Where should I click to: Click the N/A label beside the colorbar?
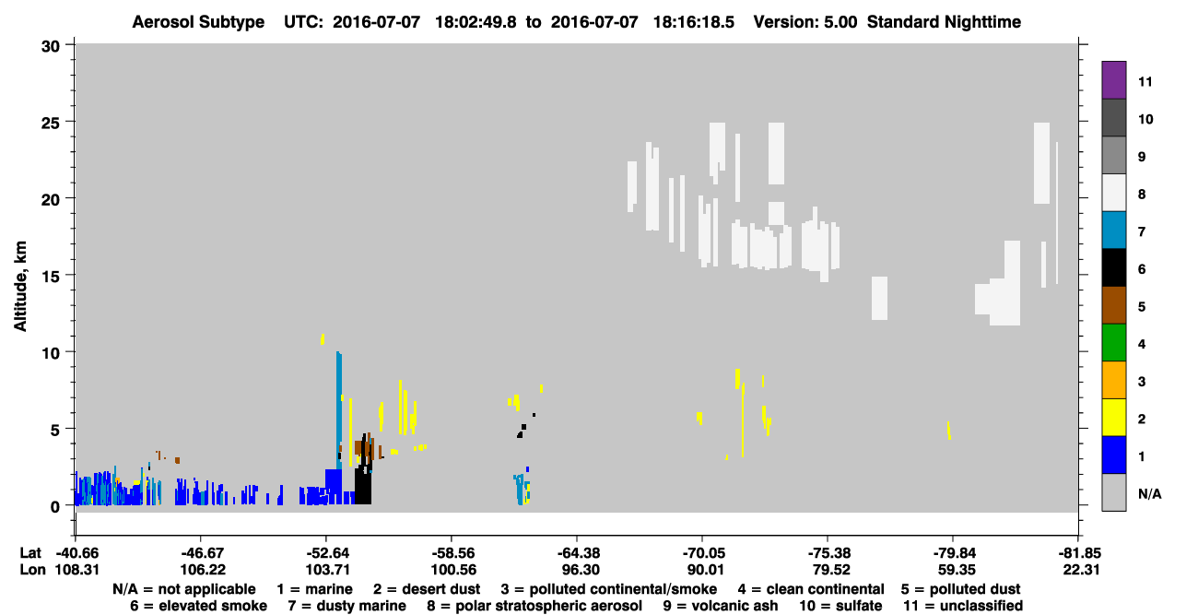point(1149,494)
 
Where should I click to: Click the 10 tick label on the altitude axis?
point(51,353)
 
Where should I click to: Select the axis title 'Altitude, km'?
point(19,286)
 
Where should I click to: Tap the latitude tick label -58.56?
point(453,553)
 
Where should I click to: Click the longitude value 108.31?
point(77,570)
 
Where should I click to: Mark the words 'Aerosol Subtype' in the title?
point(198,22)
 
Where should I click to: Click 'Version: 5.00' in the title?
point(805,22)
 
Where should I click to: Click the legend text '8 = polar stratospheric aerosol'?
point(534,606)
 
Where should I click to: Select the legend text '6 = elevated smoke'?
point(198,606)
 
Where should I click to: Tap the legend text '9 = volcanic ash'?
point(721,606)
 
